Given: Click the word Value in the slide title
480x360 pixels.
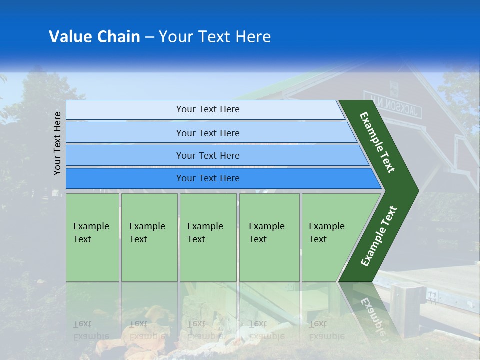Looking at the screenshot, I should click(x=69, y=37).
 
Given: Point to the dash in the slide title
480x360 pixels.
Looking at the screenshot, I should click(x=149, y=37).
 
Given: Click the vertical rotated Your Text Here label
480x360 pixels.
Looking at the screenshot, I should click(x=57, y=143).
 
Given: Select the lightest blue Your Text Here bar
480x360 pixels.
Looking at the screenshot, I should click(x=207, y=109).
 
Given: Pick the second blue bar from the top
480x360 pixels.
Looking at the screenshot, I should click(x=207, y=133).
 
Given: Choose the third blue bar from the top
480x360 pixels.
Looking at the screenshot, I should click(x=207, y=155).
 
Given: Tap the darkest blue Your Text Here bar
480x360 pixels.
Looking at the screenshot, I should click(x=207, y=178).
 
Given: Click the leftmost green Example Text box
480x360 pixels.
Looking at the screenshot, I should click(x=92, y=237).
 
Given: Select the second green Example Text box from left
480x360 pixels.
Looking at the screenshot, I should click(x=149, y=237).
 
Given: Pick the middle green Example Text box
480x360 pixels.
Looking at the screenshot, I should click(x=208, y=237).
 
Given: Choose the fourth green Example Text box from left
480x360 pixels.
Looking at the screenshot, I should click(x=269, y=237).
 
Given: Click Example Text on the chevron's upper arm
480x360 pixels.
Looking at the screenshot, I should click(x=378, y=142).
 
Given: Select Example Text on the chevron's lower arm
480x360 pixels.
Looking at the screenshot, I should click(x=378, y=236).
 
